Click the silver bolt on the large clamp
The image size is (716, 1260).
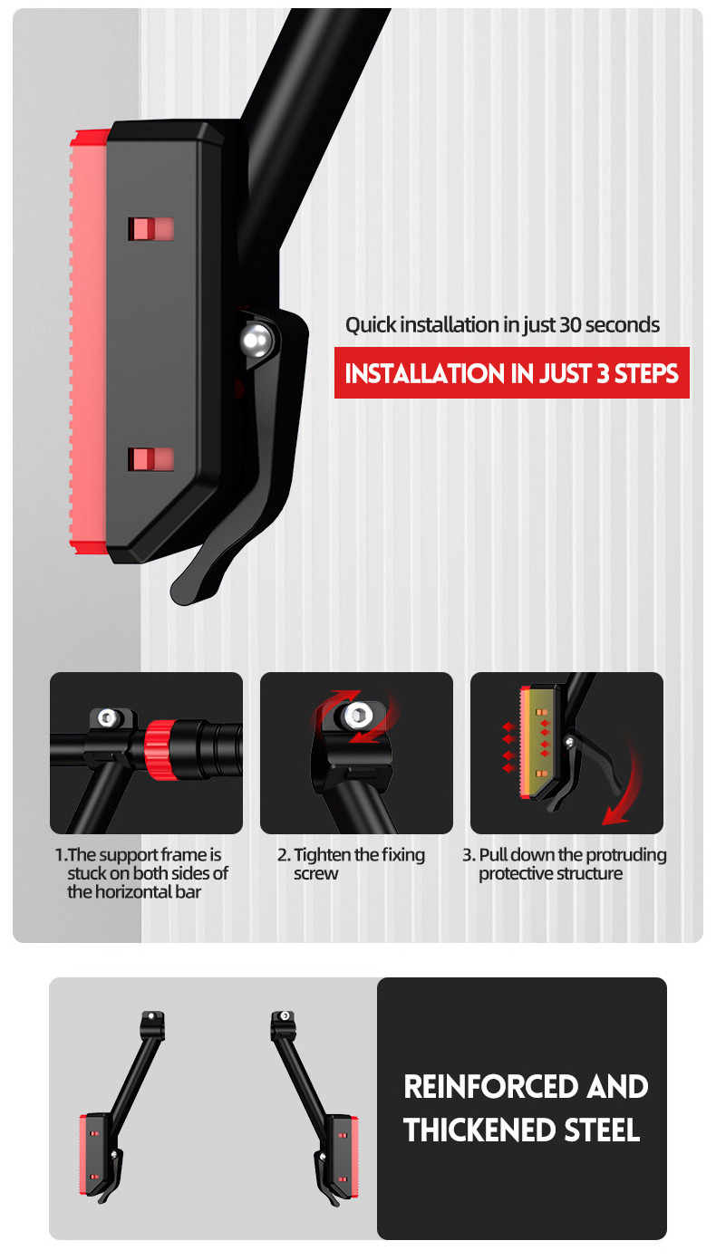click(x=257, y=340)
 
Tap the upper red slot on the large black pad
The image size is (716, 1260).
click(x=150, y=229)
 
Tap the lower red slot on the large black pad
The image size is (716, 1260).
click(x=150, y=459)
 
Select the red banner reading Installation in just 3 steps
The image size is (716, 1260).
click(x=512, y=373)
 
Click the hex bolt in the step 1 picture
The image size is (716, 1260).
click(x=108, y=717)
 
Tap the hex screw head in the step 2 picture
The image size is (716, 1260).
click(x=357, y=717)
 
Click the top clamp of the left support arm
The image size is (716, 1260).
click(x=152, y=1024)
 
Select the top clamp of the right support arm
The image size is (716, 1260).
click(x=283, y=1024)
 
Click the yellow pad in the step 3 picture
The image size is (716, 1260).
click(x=539, y=743)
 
